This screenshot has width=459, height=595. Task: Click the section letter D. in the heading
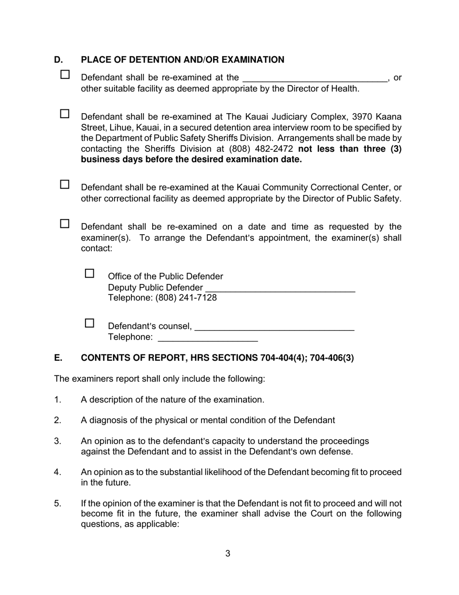click(x=58, y=60)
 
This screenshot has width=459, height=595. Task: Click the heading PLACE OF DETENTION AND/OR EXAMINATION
click(x=183, y=60)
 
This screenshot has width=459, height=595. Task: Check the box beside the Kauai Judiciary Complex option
click(x=65, y=114)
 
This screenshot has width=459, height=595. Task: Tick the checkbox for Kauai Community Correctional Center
click(x=65, y=185)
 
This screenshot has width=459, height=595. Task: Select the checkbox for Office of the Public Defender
click(x=90, y=274)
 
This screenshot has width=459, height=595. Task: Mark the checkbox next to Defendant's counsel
click(x=90, y=324)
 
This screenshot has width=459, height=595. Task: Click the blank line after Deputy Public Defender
click(x=280, y=288)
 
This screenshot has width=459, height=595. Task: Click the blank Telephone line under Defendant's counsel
click(x=208, y=338)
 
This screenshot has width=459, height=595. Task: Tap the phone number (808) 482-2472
click(x=261, y=149)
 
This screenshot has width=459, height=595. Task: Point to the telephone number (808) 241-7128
click(x=186, y=298)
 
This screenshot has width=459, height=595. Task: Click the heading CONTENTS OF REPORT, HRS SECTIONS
click(x=217, y=358)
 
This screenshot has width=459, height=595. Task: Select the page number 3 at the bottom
click(x=228, y=554)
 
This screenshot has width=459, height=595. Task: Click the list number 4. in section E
click(x=57, y=472)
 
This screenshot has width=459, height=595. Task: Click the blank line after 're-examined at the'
click(x=315, y=78)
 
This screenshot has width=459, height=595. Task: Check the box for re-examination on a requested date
click(x=65, y=224)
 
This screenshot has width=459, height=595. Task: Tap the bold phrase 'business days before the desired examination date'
click(x=191, y=160)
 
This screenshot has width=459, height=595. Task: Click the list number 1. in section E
click(x=57, y=400)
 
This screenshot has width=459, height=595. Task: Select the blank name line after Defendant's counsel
click(x=274, y=327)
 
